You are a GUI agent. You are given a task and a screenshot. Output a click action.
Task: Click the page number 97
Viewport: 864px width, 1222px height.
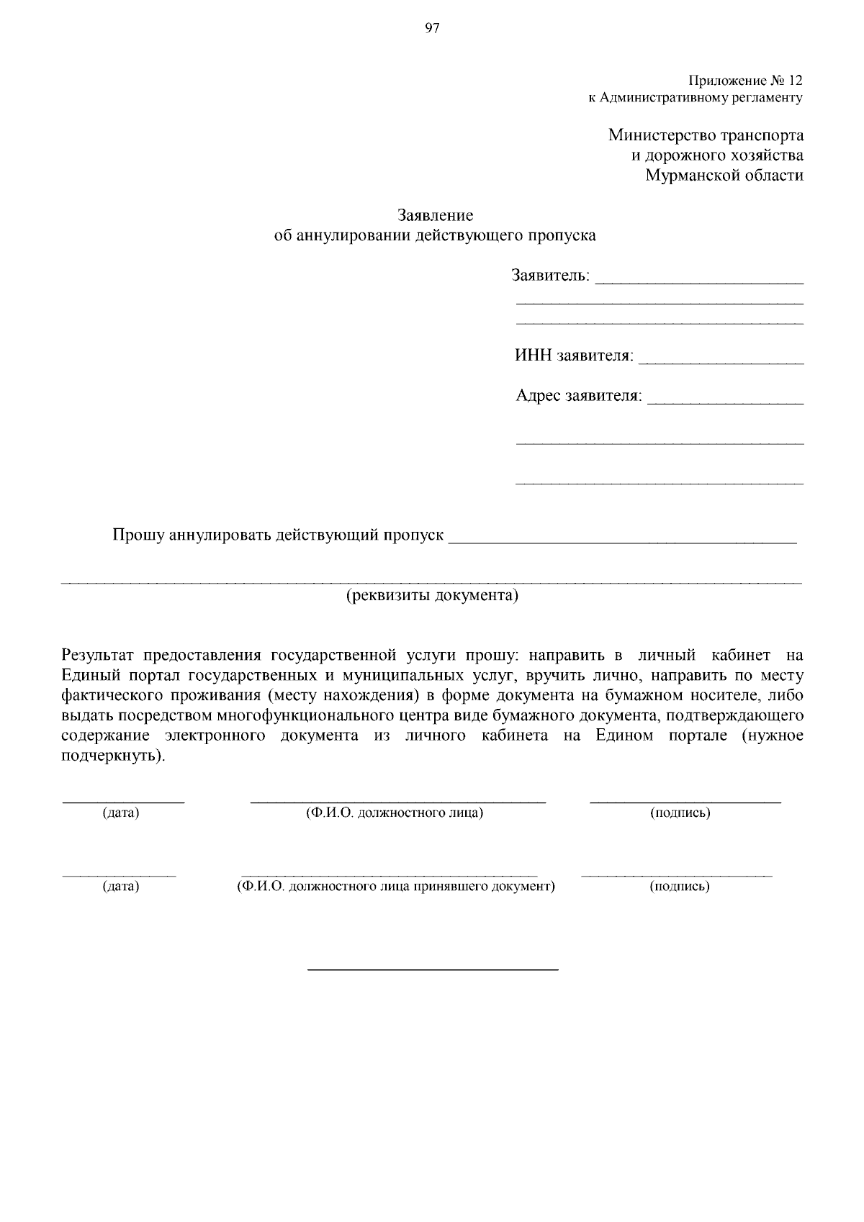(x=432, y=29)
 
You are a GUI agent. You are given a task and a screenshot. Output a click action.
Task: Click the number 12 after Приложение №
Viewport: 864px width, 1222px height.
(x=796, y=80)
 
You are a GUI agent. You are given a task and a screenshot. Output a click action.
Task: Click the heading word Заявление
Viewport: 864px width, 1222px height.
(x=436, y=215)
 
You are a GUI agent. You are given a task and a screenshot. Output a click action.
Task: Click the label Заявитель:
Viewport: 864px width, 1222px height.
(x=551, y=276)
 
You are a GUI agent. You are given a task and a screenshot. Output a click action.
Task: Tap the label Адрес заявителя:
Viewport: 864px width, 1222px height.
(x=578, y=396)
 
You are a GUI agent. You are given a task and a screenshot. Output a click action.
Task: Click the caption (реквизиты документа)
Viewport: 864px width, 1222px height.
(x=432, y=596)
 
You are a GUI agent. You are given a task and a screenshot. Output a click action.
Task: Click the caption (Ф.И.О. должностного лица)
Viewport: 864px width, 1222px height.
(x=394, y=813)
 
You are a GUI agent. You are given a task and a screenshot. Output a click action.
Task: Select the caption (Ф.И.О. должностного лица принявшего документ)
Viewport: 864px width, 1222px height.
(x=396, y=886)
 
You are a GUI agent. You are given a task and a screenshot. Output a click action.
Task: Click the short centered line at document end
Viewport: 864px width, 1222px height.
(x=433, y=970)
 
